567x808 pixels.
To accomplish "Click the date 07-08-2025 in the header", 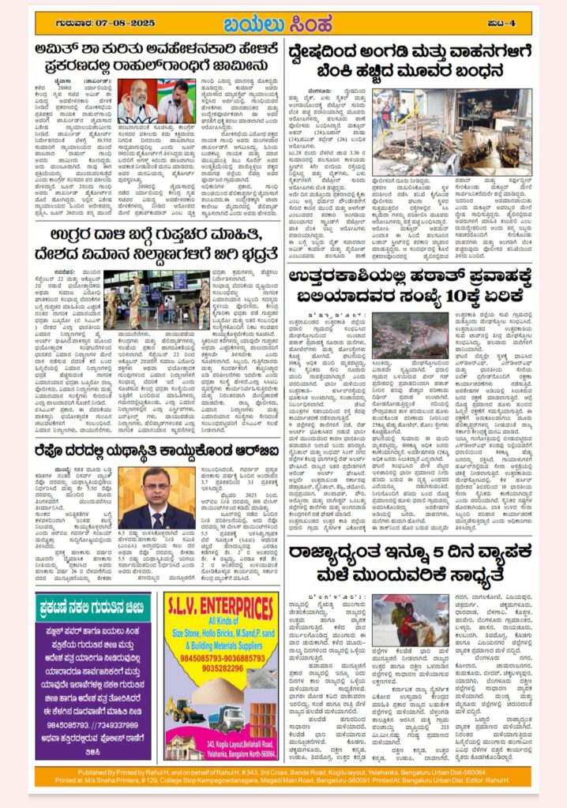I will [x=114, y=22].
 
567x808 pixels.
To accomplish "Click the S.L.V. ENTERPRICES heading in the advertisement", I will [x=219, y=609].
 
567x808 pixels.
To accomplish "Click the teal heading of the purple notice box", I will [x=94, y=607].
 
